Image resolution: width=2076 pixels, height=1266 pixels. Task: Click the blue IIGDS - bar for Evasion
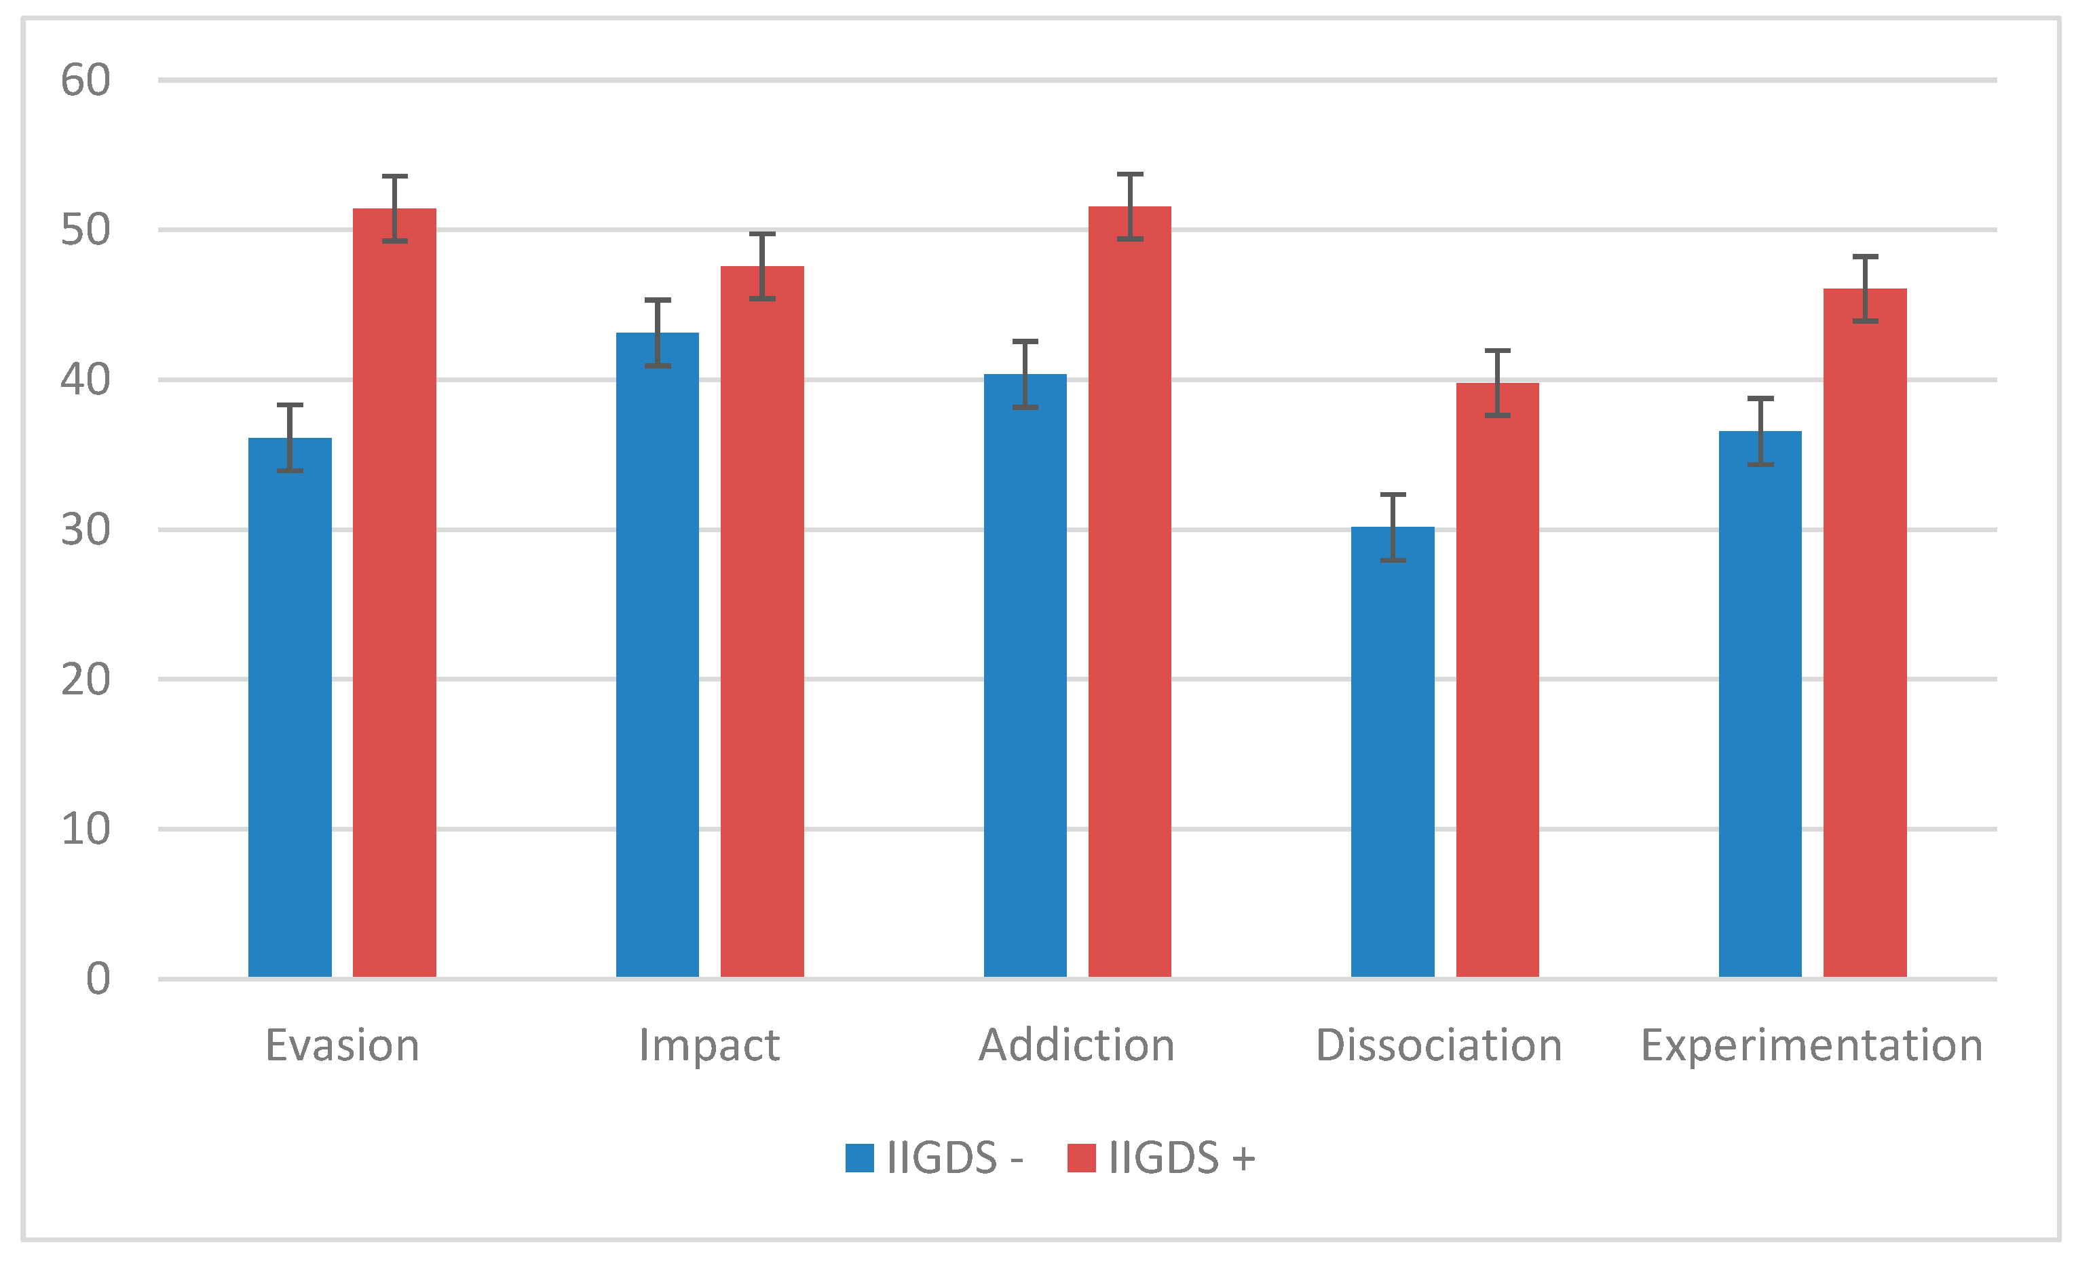point(290,708)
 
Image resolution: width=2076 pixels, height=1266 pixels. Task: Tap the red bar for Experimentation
point(1864,633)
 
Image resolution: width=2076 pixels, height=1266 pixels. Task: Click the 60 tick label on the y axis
point(85,81)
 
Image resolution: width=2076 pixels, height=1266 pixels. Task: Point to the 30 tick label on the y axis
point(85,530)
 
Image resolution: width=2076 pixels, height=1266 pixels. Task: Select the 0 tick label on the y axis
point(98,980)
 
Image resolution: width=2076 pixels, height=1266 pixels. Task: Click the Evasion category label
point(342,1046)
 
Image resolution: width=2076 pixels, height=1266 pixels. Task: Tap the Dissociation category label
point(1439,1046)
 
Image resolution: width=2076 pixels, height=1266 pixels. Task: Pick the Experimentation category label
point(1811,1046)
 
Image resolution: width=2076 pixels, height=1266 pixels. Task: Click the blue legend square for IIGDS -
point(859,1158)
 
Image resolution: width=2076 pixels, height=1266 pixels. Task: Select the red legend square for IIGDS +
point(1081,1158)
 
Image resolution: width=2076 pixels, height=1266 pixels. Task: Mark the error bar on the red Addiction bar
point(1130,206)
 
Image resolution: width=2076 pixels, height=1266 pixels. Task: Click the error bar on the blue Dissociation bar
point(1393,527)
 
